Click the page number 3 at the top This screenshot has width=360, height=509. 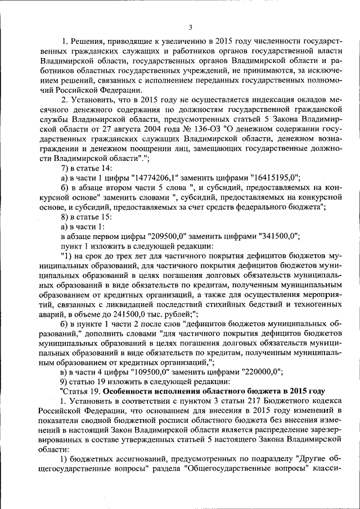coord(190,28)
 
